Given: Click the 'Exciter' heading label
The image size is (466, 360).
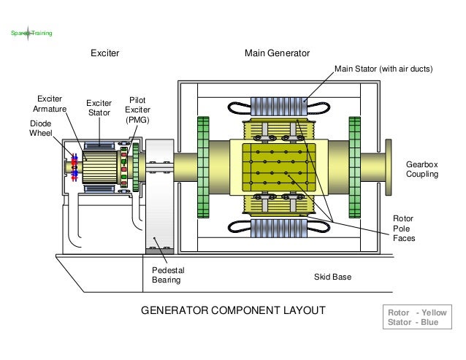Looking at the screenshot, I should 104,53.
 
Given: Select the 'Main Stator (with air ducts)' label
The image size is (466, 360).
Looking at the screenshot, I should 384,70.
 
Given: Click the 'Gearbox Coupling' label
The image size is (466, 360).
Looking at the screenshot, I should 422,170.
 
